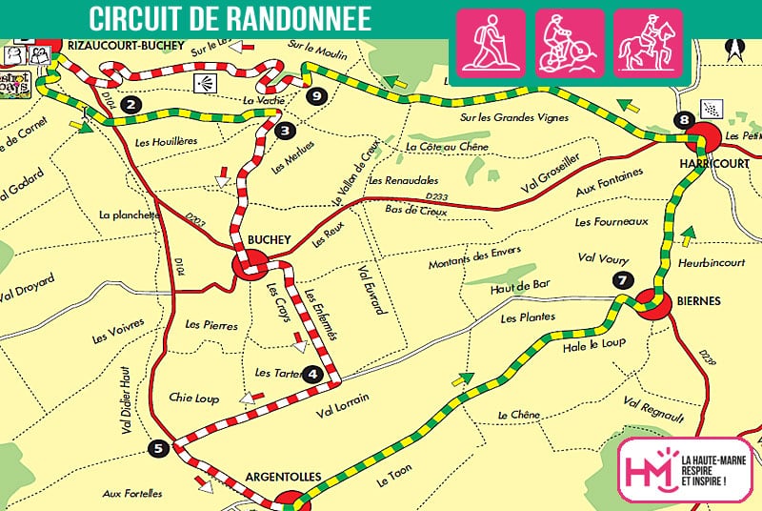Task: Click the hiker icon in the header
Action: [491, 42]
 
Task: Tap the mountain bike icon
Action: [569, 42]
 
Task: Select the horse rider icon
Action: [648, 42]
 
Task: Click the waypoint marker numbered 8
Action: [681, 119]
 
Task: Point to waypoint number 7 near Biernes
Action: [622, 280]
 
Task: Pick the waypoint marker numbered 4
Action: [313, 375]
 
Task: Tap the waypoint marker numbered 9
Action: [316, 94]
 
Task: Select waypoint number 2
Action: [131, 105]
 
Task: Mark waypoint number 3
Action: [284, 132]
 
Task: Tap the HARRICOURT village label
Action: [704, 163]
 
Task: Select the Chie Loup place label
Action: [193, 398]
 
